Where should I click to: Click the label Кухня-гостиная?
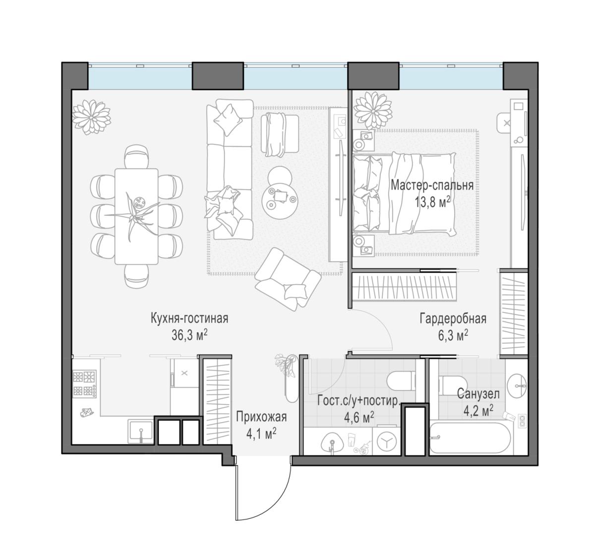coord(189,318)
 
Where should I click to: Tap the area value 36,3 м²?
coord(189,335)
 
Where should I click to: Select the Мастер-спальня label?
coord(432,185)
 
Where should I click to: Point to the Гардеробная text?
coord(453,319)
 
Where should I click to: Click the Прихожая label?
coord(261,417)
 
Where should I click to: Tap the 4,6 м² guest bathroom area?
coord(359,418)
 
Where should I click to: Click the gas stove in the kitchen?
coord(85,384)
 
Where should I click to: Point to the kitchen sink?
coord(141,431)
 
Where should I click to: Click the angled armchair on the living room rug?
coord(288,279)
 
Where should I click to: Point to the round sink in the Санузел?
coord(517,386)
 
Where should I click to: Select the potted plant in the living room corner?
coord(92,117)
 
